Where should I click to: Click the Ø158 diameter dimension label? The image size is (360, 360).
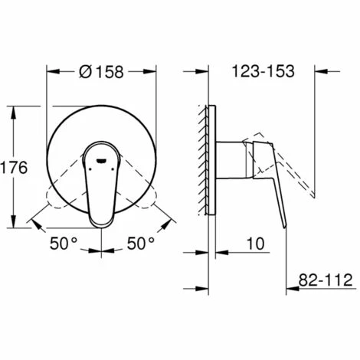[x=101, y=72]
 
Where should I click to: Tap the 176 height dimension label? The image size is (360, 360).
[x=14, y=168]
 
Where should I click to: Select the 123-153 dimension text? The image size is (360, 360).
[x=263, y=71]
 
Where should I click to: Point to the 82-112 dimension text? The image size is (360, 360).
[x=326, y=280]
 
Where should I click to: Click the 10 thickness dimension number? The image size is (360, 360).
[x=256, y=244]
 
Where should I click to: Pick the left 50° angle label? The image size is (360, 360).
[x=63, y=243]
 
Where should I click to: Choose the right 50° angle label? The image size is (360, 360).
[x=141, y=243]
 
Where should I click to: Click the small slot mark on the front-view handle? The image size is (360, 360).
[x=101, y=161]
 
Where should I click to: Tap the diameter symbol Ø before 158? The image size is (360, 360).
[x=85, y=72]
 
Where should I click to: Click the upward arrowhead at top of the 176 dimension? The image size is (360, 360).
[x=14, y=112]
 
